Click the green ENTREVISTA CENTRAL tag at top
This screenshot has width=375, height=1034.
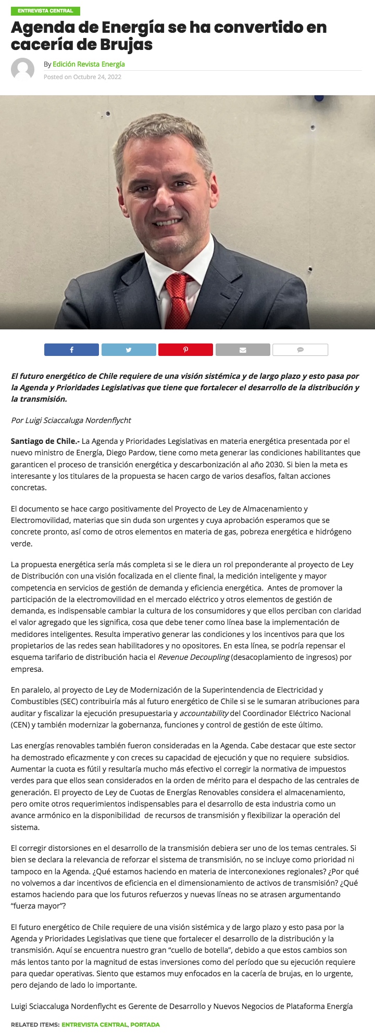[45, 11]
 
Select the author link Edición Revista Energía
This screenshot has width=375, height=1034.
[89, 64]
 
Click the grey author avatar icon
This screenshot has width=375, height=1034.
[22, 69]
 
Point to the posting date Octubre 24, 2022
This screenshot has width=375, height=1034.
[97, 77]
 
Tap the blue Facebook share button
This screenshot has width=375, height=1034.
[71, 350]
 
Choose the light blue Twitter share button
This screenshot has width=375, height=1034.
[129, 350]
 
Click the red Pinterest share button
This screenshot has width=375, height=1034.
[185, 350]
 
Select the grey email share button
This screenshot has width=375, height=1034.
[243, 350]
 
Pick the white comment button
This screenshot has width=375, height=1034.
[300, 350]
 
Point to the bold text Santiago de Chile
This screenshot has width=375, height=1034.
[44, 441]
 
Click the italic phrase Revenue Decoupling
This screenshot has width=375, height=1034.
[193, 657]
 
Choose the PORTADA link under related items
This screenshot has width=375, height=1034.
[145, 1024]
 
